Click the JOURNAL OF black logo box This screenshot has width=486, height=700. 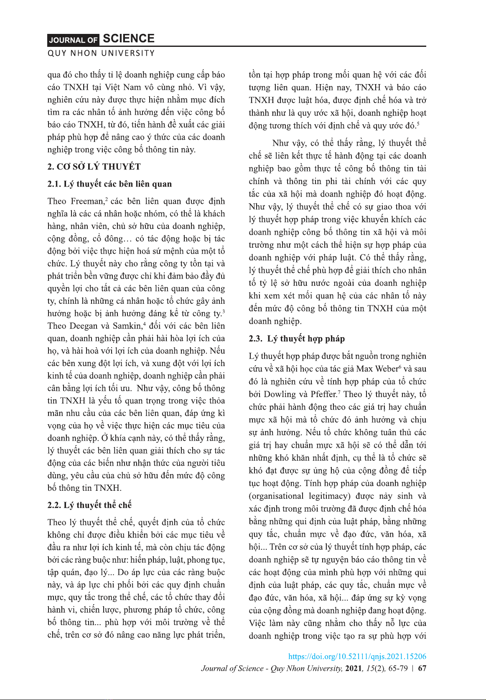pos(73,40)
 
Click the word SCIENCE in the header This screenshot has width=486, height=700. pos(129,39)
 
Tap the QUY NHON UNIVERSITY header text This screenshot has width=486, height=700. pos(101,54)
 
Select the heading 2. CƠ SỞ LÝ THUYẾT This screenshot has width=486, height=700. pos(94,167)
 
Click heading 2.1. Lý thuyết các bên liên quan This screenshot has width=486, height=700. pos(109,184)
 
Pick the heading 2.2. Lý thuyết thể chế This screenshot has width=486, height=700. pos(89,505)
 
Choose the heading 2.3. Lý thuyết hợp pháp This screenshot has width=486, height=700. pos(297,338)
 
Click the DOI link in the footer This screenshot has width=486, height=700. pos(357,656)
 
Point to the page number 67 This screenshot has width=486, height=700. pos(422,668)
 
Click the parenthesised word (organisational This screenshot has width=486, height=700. pos(276,496)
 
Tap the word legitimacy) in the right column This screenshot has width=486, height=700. pos(329,496)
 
